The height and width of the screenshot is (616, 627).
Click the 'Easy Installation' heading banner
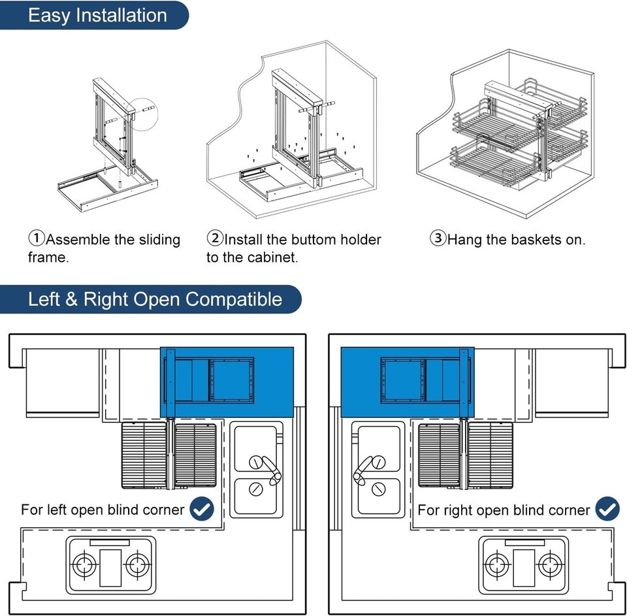point(97,16)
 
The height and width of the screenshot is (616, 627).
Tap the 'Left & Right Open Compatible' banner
point(155,299)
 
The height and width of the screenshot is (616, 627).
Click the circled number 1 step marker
point(36,238)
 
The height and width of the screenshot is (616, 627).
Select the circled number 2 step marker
point(215,238)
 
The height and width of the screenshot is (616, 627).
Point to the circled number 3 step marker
point(438,238)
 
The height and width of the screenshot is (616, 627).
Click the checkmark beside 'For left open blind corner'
point(202,509)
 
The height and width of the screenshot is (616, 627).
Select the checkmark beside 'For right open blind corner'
point(608,509)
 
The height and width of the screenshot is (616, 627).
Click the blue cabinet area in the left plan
point(274,382)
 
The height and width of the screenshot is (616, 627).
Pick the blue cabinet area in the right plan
point(359,382)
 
